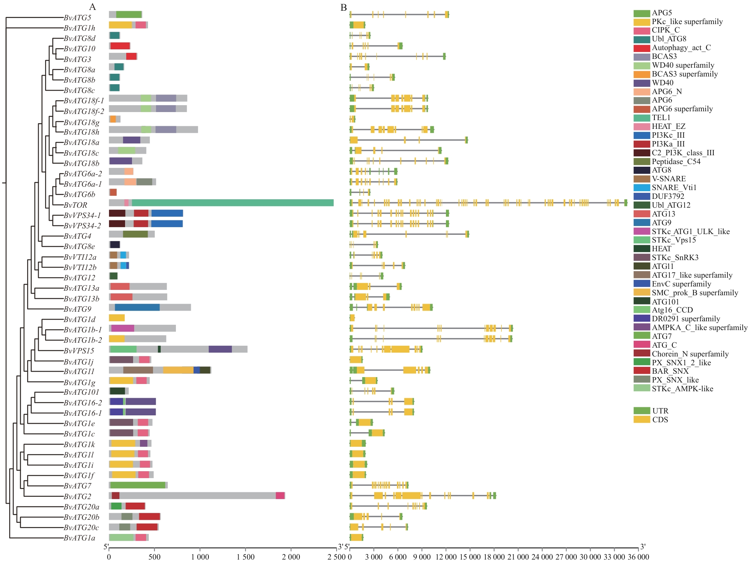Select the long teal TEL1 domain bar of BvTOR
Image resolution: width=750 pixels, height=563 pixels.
click(x=233, y=203)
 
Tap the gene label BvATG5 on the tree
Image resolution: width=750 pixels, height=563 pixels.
click(x=77, y=18)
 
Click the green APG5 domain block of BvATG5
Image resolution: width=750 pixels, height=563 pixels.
click(x=129, y=15)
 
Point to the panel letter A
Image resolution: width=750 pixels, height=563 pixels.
click(x=93, y=7)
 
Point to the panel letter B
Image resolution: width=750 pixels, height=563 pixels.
click(x=343, y=8)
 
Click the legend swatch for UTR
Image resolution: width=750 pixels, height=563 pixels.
click(x=642, y=411)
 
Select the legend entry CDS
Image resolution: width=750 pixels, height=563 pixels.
click(x=660, y=420)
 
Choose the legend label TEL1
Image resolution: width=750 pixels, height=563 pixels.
click(x=661, y=117)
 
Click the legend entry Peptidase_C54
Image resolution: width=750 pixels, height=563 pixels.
click(x=676, y=161)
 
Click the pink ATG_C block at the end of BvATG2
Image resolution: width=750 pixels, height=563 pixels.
click(x=280, y=496)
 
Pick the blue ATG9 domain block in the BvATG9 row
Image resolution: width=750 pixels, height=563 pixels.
click(x=137, y=308)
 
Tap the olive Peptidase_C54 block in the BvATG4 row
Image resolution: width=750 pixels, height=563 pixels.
click(x=135, y=234)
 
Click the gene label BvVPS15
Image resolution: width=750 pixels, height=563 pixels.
click(x=79, y=351)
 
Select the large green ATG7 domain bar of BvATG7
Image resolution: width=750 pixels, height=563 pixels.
click(x=138, y=485)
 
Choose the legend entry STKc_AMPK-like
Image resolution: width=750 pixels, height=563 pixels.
click(x=682, y=389)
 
